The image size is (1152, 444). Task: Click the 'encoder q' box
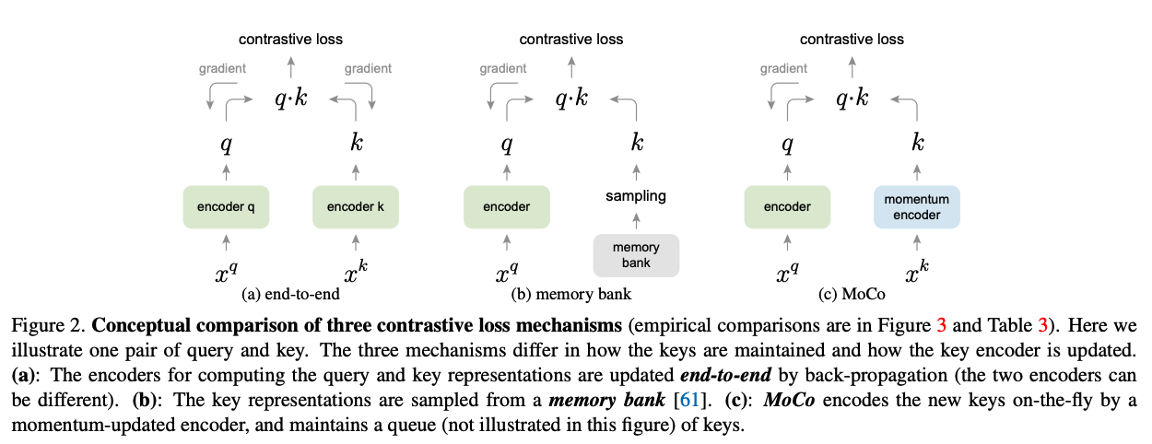pos(227,206)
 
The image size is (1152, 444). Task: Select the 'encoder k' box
pos(356,206)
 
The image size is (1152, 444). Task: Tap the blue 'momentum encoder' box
pos(916,206)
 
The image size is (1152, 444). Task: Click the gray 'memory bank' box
pos(636,255)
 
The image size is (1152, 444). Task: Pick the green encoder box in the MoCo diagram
pos(787,206)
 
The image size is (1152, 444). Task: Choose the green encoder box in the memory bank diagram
pos(507,206)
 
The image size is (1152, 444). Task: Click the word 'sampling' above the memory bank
pos(636,196)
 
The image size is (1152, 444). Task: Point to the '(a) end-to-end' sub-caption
pos(290,294)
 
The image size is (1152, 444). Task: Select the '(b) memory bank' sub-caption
pos(570,294)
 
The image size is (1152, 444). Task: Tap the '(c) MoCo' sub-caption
pos(852,294)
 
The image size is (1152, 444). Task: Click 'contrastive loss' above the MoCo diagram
pos(852,39)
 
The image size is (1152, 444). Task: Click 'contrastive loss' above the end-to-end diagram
pos(290,39)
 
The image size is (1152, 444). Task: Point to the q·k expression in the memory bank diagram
pos(571,98)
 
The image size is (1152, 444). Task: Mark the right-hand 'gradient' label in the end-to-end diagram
pos(368,68)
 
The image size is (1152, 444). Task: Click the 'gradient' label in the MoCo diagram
pos(783,68)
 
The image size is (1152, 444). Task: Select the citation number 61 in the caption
pos(689,400)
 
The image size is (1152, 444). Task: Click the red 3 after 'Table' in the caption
pos(1043,325)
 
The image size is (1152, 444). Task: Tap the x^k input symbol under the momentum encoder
pos(917,272)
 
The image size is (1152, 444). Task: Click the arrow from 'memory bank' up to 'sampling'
pos(636,221)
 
